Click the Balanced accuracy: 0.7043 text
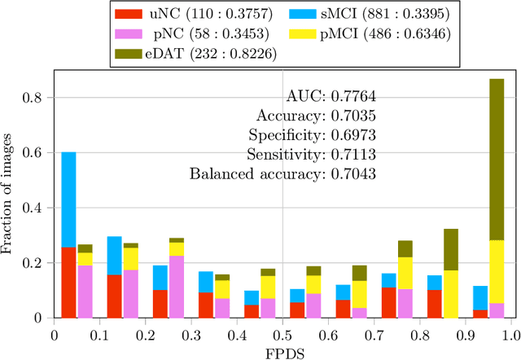click(282, 173)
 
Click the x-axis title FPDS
click(282, 351)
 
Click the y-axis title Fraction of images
click(10, 195)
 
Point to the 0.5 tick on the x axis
click(282, 334)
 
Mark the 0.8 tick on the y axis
click(37, 98)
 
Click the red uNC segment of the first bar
click(68, 282)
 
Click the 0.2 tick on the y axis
click(37, 262)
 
